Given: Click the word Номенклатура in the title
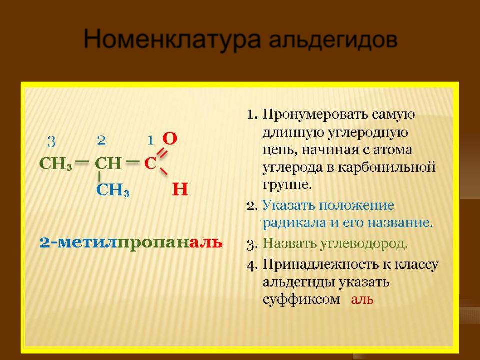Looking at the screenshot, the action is coord(172,39).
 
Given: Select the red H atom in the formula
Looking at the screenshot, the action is coord(180,189).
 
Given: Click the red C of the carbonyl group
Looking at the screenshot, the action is coord(150,163).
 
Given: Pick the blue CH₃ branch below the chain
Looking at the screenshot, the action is coord(113,190).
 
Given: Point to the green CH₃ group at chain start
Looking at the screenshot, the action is coord(56,164).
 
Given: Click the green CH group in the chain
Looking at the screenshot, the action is coord(108,164).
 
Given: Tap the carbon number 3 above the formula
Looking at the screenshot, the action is coord(51,142).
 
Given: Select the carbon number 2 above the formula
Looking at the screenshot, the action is coord(101,140).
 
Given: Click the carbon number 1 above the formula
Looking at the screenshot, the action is coord(150,141).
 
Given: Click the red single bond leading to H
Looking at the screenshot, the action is coord(164,171).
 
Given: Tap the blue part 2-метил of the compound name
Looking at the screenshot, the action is coord(78,243).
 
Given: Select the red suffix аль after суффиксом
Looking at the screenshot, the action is coord(362,299).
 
